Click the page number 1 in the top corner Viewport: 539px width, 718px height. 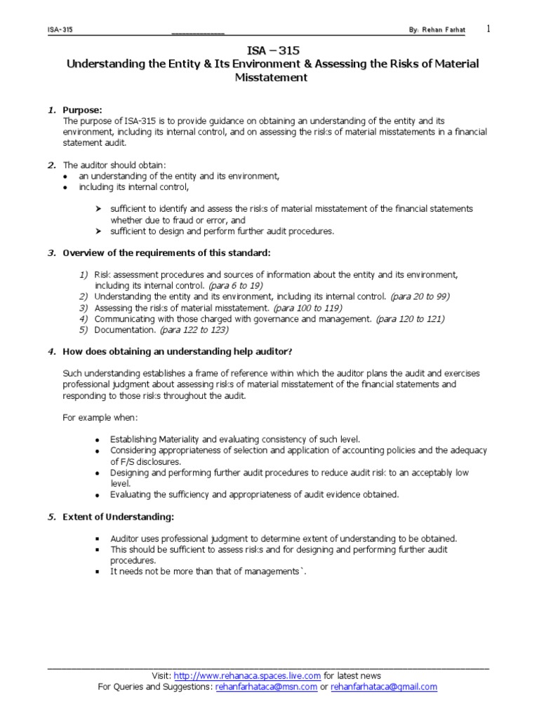[x=488, y=28]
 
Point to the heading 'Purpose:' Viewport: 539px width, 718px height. [x=82, y=110]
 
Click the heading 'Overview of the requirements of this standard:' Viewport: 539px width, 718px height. [x=166, y=252]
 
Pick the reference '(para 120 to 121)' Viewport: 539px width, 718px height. [x=410, y=319]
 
